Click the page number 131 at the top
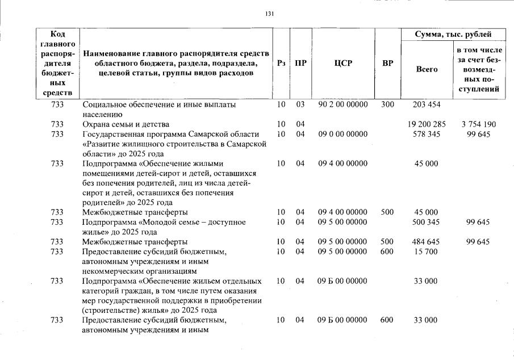pos(270,14)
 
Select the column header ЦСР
pos(342,64)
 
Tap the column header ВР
pos(387,64)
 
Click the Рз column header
pos(281,64)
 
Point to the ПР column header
pos(300,64)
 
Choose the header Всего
pos(427,69)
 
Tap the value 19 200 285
pos(427,124)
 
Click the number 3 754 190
pos(479,124)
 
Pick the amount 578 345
pos(427,135)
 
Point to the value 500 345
pos(427,223)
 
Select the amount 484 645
pos(427,242)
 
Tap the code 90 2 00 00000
pos(342,105)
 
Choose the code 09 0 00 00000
pos(342,135)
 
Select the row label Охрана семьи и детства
pos(126,124)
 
